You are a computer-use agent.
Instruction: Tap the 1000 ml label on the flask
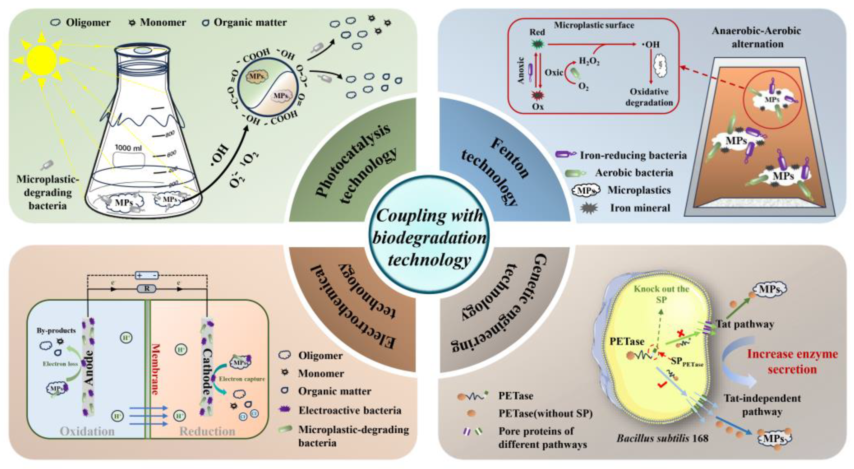tap(128, 148)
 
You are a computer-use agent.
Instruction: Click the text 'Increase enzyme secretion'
tap(792, 361)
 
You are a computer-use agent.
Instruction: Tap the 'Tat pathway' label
tap(745, 324)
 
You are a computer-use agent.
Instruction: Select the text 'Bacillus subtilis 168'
tap(662, 439)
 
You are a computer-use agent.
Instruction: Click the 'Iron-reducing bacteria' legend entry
tap(633, 155)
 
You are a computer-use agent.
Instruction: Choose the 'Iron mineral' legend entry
tap(640, 208)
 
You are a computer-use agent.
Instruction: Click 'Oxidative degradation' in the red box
tap(649, 97)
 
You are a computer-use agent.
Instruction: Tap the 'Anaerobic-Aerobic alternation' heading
tap(757, 37)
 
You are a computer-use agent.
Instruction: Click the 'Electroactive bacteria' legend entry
tap(350, 410)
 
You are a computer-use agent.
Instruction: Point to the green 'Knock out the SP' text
tap(661, 294)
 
